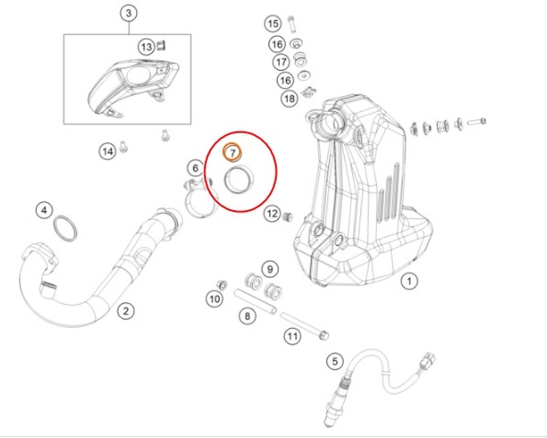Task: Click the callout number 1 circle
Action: pos(409,281)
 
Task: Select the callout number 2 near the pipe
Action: pos(126,310)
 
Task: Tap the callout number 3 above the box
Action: pos(129,14)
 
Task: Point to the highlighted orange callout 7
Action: pos(232,152)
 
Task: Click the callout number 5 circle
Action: pos(335,362)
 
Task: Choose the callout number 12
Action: pos(272,214)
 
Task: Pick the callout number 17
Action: pos(282,61)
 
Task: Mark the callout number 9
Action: pos(270,269)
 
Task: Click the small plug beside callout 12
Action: pos(287,217)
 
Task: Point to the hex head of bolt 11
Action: pos(323,335)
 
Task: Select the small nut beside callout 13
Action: pos(161,45)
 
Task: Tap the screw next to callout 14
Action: pos(124,146)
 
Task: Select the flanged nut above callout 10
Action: pos(220,284)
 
